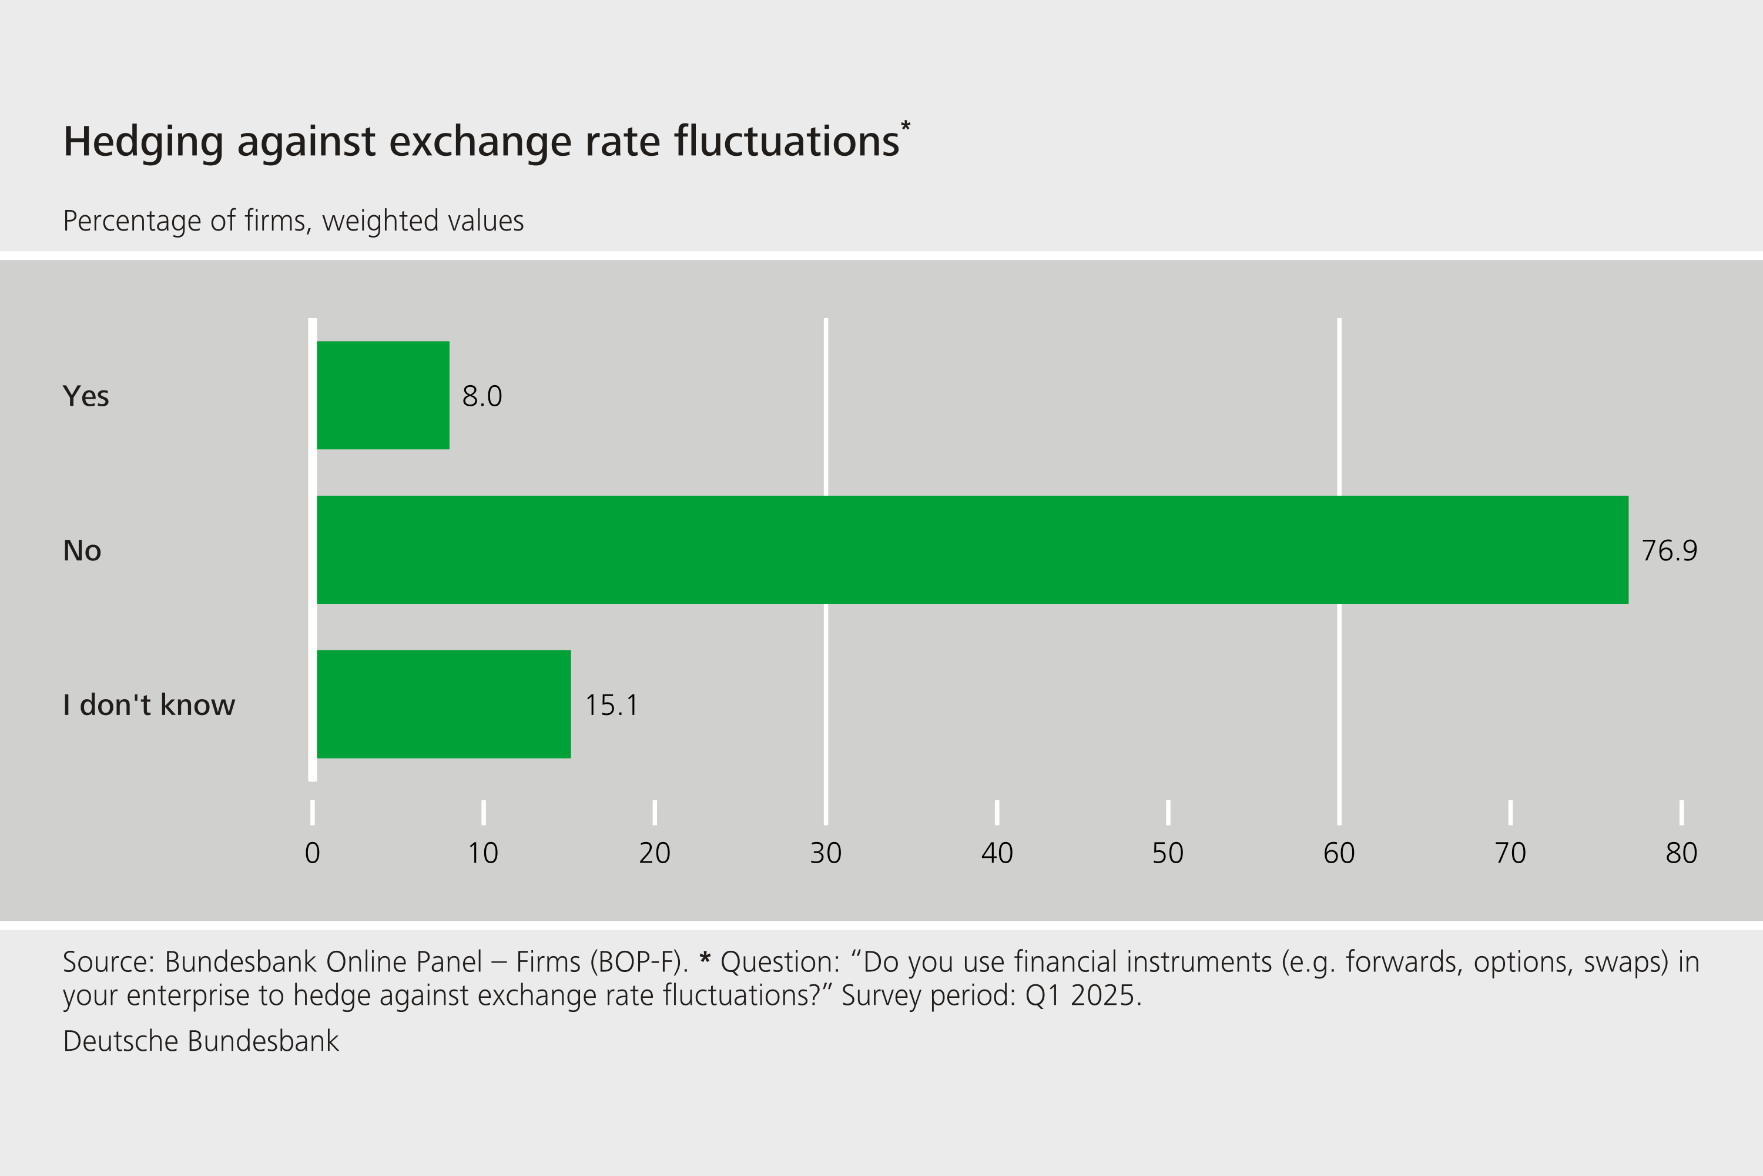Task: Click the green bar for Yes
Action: click(x=383, y=395)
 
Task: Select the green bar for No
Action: click(x=972, y=550)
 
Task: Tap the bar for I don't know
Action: click(x=444, y=704)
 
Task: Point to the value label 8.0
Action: click(x=482, y=396)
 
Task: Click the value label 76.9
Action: click(x=1670, y=550)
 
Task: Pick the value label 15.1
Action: click(x=612, y=705)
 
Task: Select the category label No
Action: click(x=82, y=550)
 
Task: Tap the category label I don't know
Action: click(x=149, y=705)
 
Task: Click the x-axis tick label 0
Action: click(x=313, y=853)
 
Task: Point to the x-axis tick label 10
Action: click(x=484, y=853)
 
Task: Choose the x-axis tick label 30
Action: click(x=826, y=853)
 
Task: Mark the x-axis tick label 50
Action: click(x=1168, y=853)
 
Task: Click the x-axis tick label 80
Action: click(x=1681, y=853)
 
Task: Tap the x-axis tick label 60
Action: click(x=1339, y=853)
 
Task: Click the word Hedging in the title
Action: click(x=143, y=142)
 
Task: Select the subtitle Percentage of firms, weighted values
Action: click(x=293, y=221)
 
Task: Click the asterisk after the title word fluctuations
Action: click(x=906, y=126)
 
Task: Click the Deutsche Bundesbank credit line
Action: click(x=201, y=1041)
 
